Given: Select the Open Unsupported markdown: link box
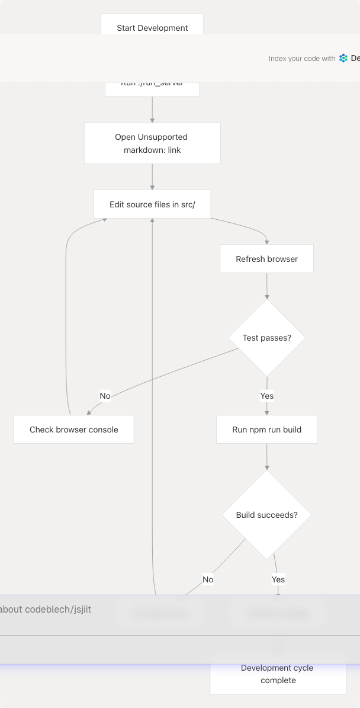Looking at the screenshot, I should click(x=152, y=143).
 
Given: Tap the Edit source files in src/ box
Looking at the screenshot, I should click(x=152, y=204).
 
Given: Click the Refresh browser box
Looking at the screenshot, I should click(x=266, y=259).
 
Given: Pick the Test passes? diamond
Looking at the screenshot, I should click(x=266, y=338).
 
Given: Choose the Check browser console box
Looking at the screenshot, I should click(x=74, y=430).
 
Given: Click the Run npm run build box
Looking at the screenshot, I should click(x=266, y=430).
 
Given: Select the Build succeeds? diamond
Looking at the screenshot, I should click(x=266, y=515).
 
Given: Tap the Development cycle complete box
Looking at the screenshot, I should click(x=278, y=675).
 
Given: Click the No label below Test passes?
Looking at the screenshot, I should click(x=105, y=396).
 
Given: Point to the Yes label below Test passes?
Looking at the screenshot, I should click(x=266, y=396).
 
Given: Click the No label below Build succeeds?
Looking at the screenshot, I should click(x=208, y=579).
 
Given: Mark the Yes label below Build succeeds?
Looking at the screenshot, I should click(x=278, y=579).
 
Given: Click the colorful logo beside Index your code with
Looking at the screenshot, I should click(x=343, y=58).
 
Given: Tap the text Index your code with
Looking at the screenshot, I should click(x=302, y=59).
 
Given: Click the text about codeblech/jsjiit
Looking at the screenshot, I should click(x=46, y=609).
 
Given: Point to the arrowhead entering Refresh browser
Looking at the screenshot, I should click(x=266, y=241).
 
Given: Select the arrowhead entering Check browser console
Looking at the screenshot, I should click(x=89, y=412).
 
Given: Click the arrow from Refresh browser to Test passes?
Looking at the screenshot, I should click(x=266, y=286).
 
